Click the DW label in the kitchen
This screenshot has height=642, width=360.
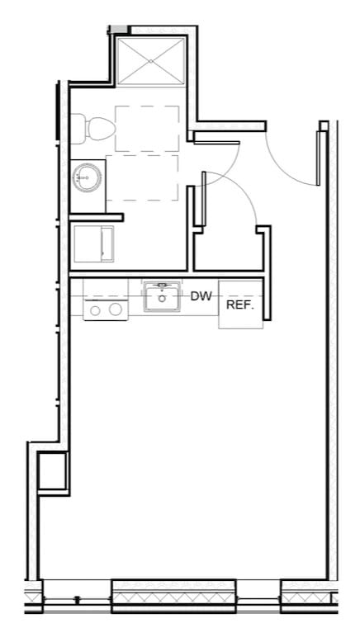(x=201, y=295)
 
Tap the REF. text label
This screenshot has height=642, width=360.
(x=239, y=305)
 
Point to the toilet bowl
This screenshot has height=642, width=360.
(x=97, y=128)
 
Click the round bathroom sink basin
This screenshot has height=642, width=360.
(x=86, y=176)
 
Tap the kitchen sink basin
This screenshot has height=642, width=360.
(x=163, y=299)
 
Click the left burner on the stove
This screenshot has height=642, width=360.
(x=95, y=309)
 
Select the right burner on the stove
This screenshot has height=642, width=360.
(x=116, y=309)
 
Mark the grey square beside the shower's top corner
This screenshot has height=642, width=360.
(x=119, y=29)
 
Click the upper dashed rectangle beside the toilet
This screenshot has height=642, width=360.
(x=147, y=129)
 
